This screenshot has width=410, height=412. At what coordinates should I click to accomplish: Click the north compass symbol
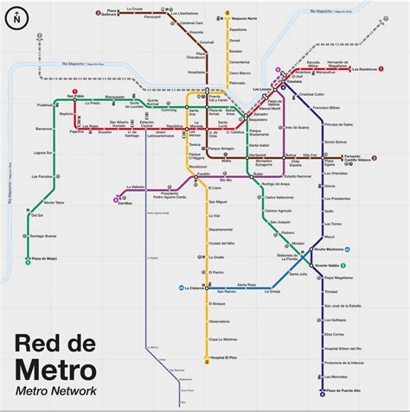click(16, 16)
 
